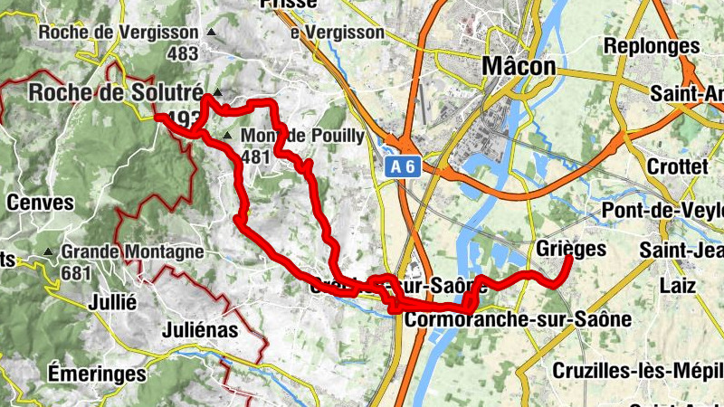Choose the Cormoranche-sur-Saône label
[518, 320]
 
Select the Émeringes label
[97, 373]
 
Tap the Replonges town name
[652, 45]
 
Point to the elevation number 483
[182, 52]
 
